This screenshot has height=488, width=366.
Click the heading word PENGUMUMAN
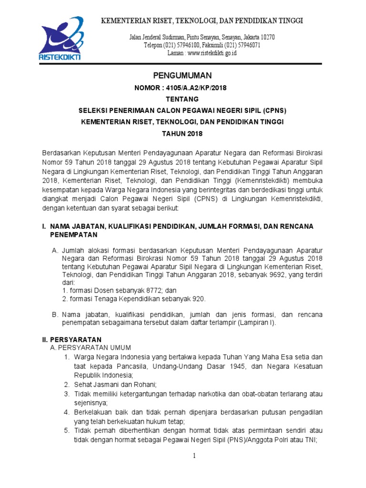click(x=183, y=76)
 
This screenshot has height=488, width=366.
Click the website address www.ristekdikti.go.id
click(x=212, y=53)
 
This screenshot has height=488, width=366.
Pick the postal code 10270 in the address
click(x=265, y=37)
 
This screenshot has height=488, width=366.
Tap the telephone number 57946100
click(x=188, y=45)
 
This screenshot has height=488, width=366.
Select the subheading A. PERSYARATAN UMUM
click(x=91, y=348)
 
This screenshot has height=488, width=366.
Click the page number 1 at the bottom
click(x=194, y=456)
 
